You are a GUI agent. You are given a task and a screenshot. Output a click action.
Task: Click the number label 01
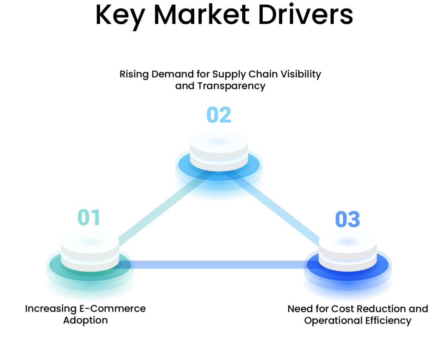pyautogui.click(x=89, y=217)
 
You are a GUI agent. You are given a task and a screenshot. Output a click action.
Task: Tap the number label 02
pyautogui.click(x=219, y=115)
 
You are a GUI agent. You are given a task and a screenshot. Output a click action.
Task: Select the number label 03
pyautogui.click(x=347, y=220)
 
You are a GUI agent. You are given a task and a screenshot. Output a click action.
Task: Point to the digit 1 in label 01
pyautogui.click(x=95, y=217)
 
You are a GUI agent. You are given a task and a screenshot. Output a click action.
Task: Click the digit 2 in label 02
pyautogui.click(x=226, y=115)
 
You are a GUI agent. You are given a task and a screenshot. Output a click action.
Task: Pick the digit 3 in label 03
pyautogui.click(x=354, y=220)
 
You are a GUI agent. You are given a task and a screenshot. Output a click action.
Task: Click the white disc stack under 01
pyautogui.click(x=90, y=251)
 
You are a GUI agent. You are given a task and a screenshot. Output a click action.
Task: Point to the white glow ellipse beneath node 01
pyautogui.click(x=90, y=294)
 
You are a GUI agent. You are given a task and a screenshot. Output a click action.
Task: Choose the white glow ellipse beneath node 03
pyautogui.click(x=347, y=294)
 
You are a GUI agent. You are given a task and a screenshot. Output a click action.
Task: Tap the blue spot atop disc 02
pyautogui.click(x=219, y=142)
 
